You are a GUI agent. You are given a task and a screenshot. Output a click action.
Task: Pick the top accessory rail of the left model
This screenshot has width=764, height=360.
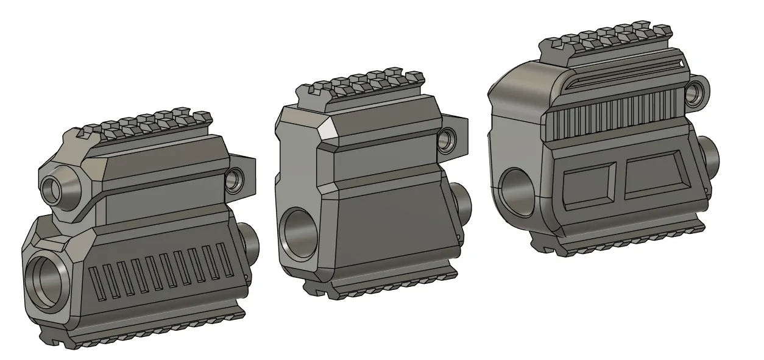pos(146,123)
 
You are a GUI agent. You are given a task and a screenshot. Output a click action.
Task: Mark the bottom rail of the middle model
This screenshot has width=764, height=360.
pos(378,286)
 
